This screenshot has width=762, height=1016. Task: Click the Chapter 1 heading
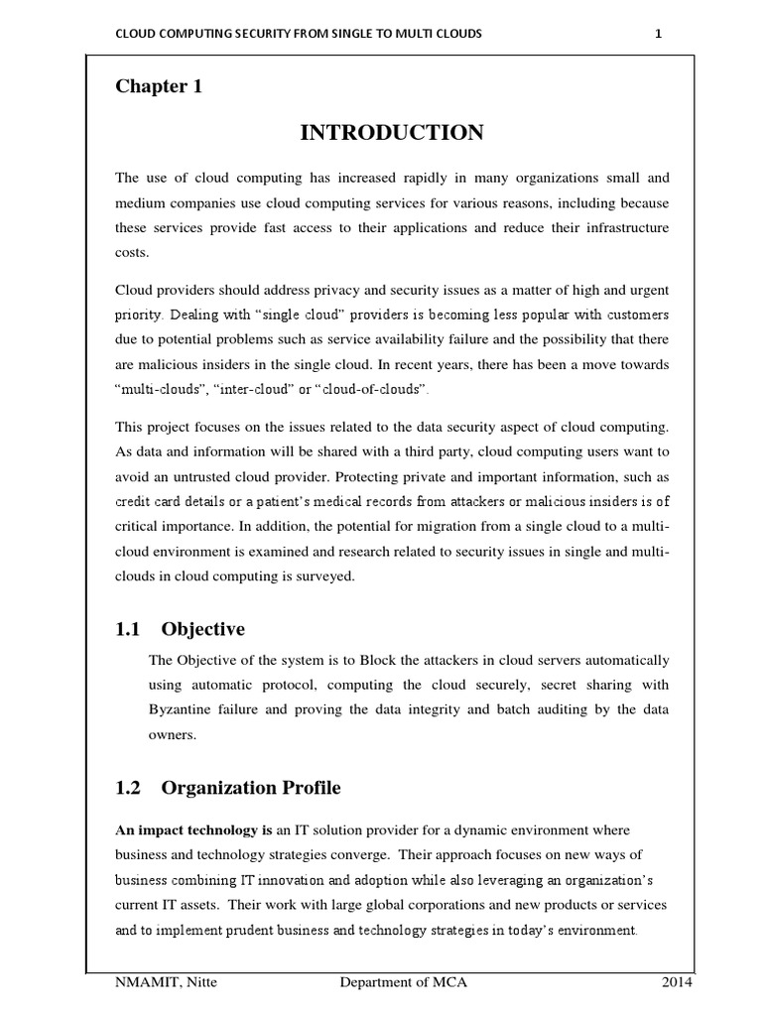coord(159,86)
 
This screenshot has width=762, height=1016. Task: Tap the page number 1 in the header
coord(658,33)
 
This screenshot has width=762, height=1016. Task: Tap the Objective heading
coord(202,630)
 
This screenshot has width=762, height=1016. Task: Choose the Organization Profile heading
coord(250,788)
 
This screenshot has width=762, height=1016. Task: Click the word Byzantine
coord(181,709)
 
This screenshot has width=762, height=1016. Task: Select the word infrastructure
coord(620,228)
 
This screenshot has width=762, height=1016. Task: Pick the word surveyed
coord(322,575)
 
